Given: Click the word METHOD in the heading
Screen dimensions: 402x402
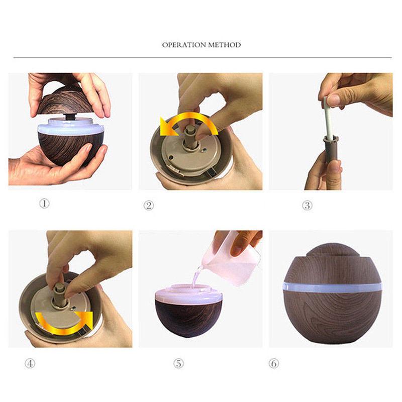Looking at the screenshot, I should (225, 45).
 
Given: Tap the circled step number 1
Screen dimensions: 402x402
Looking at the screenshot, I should (45, 205).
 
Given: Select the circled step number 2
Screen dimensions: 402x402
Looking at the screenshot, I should (149, 205).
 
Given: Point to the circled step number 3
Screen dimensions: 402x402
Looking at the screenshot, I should (307, 205).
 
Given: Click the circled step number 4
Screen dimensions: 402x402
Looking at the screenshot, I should (30, 363).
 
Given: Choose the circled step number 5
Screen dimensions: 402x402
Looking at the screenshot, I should (179, 363).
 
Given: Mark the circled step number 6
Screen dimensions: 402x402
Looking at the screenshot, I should (274, 363).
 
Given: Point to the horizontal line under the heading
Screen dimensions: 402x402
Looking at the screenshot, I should (201, 57).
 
